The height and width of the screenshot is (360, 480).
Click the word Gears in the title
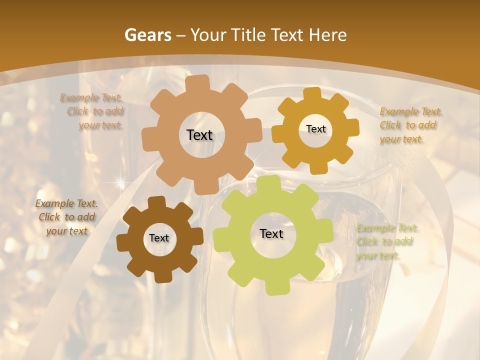(x=147, y=35)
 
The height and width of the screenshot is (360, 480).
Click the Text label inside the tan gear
(x=199, y=135)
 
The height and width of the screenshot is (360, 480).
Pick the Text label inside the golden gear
(x=315, y=129)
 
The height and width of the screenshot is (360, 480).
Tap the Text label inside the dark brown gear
(x=158, y=238)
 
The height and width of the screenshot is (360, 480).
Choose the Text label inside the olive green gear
(x=271, y=233)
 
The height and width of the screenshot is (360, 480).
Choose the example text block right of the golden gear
(x=408, y=125)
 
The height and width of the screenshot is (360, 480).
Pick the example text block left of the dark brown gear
(x=66, y=217)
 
